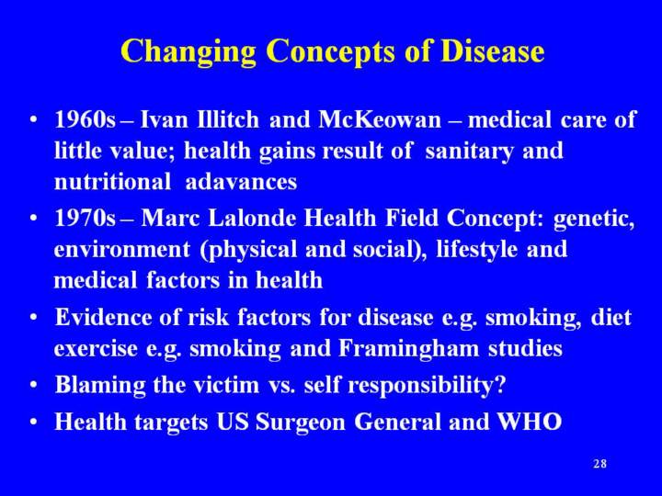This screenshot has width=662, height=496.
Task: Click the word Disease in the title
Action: tap(492, 51)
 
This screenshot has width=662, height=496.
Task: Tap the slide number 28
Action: tap(599, 464)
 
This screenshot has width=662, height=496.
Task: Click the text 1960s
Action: tap(85, 119)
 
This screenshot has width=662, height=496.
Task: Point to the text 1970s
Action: tap(85, 219)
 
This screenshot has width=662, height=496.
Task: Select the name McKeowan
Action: tap(380, 119)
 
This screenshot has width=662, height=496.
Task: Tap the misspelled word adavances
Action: tap(241, 182)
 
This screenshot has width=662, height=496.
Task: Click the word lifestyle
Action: tap(476, 250)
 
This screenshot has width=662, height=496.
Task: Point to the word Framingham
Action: tap(408, 349)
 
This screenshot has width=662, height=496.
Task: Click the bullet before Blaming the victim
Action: tap(34, 386)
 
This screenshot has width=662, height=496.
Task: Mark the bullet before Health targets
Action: tap(34, 423)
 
